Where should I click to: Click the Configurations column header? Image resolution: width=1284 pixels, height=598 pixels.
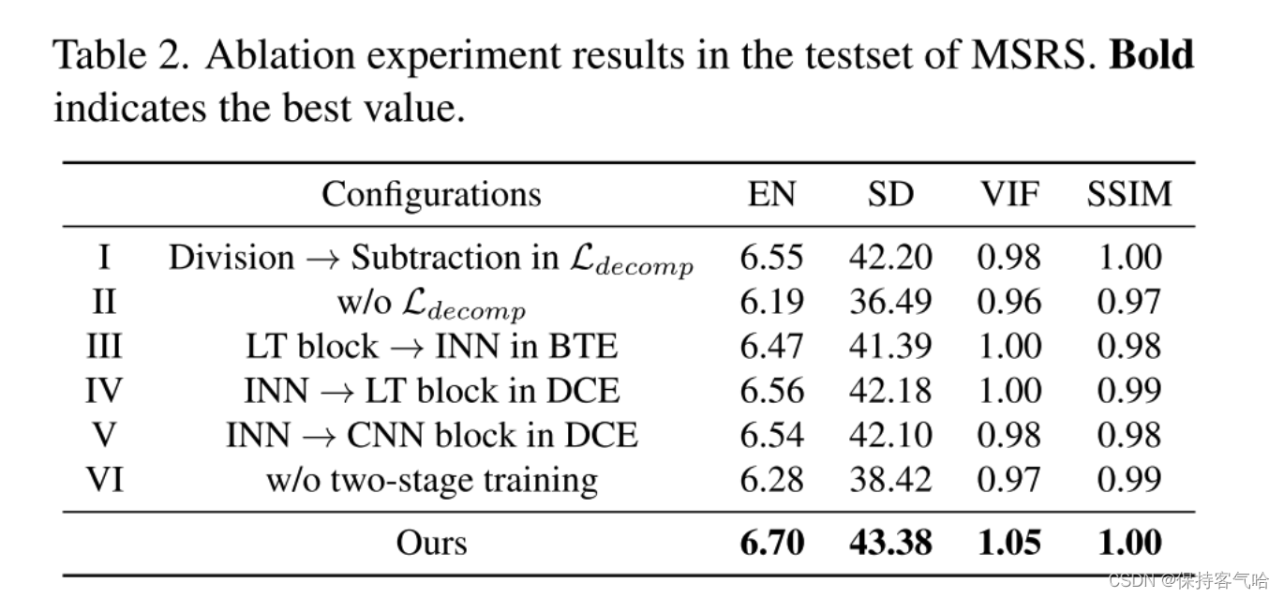pyautogui.click(x=431, y=194)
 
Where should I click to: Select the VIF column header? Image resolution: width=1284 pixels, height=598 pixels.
pyautogui.click(x=1009, y=194)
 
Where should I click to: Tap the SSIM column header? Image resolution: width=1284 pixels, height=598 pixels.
pyautogui.click(x=1129, y=194)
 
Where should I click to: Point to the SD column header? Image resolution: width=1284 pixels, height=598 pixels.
pyautogui.click(x=890, y=194)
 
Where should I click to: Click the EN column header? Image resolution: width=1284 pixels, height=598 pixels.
pyautogui.click(x=771, y=194)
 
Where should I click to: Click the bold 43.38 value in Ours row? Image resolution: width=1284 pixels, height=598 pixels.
pyautogui.click(x=890, y=543)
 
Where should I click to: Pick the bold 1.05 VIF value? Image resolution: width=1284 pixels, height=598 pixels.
pyautogui.click(x=1009, y=543)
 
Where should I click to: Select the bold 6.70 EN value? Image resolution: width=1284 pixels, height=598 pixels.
pyautogui.click(x=771, y=543)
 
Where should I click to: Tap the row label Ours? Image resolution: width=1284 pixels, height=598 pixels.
pyautogui.click(x=431, y=543)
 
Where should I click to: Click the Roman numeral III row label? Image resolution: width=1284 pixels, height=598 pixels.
pyautogui.click(x=103, y=347)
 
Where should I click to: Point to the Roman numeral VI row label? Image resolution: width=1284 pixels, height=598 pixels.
pyautogui.click(x=103, y=480)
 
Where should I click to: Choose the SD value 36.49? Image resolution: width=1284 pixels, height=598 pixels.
pyautogui.click(x=890, y=302)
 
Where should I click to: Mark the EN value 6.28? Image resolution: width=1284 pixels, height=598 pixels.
pyautogui.click(x=771, y=480)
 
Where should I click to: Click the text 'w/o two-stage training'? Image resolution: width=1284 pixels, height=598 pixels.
pyautogui.click(x=431, y=480)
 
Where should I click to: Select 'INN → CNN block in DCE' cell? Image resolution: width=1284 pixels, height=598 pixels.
pyautogui.click(x=431, y=436)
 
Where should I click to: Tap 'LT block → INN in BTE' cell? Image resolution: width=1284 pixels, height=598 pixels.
pyautogui.click(x=431, y=347)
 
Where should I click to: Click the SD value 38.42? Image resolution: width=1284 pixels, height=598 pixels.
pyautogui.click(x=890, y=480)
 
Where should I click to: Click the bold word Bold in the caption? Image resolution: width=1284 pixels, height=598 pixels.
pyautogui.click(x=1152, y=56)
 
